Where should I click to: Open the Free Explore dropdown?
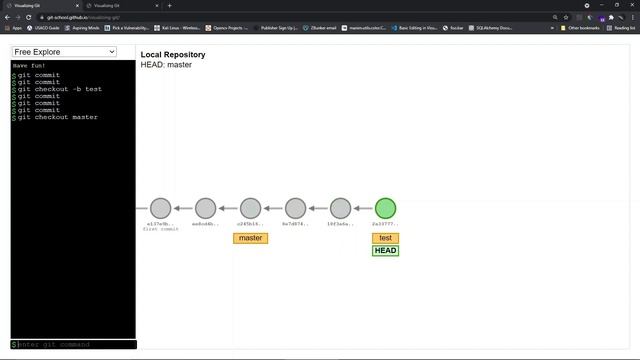click(x=64, y=52)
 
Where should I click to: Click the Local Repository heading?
click(x=173, y=54)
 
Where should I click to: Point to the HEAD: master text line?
click(x=166, y=65)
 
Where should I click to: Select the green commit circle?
click(x=385, y=209)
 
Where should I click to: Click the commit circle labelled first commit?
click(x=160, y=209)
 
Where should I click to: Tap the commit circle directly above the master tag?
click(x=250, y=209)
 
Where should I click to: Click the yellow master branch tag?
click(x=250, y=238)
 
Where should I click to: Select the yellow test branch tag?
click(x=385, y=238)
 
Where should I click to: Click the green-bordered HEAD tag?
click(x=385, y=250)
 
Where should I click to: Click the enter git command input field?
click(x=75, y=345)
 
